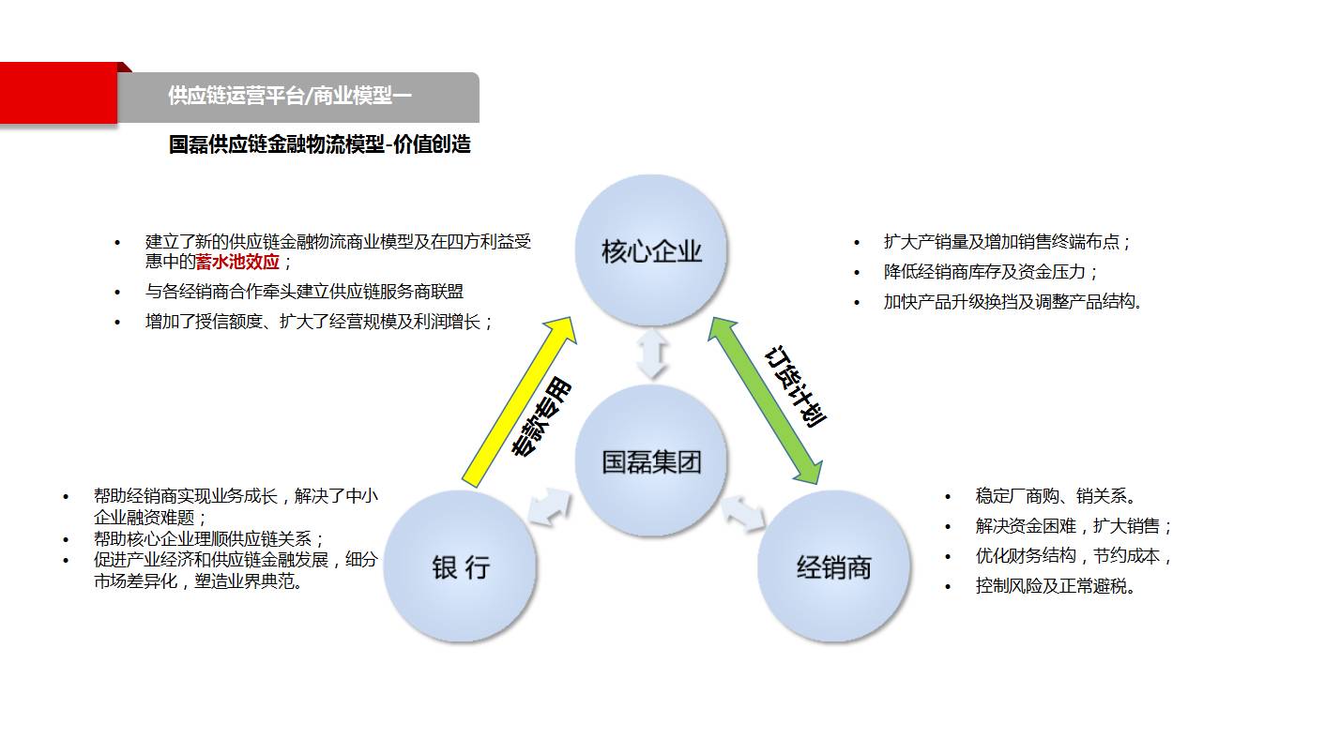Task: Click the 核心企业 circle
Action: pos(651,250)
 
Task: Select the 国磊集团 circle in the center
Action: pos(651,461)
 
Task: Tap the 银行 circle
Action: pos(460,566)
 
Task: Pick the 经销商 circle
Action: pos(834,566)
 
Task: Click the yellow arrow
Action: pos(519,402)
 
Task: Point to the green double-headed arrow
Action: pos(766,400)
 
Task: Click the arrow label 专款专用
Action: pos(541,417)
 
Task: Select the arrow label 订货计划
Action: pos(795,386)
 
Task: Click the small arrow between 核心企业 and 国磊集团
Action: pos(652,354)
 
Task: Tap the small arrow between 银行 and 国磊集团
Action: pos(550,506)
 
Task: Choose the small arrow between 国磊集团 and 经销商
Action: pos(743,513)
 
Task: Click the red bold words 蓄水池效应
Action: pos(237,262)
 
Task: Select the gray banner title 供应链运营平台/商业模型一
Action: pos(290,95)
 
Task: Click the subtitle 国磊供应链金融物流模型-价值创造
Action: pos(319,144)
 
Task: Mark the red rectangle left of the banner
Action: pos(58,93)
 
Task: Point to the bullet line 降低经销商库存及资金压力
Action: pos(990,272)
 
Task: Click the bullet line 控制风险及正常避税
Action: pos(1055,586)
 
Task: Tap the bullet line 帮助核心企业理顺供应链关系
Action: pos(208,539)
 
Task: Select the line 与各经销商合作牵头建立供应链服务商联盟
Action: pos(304,292)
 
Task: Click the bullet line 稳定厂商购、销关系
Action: pos(1056,496)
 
